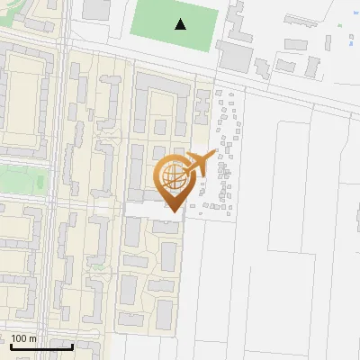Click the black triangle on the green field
(182, 24)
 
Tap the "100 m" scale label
(24, 337)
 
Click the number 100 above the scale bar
(19, 337)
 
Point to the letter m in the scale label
(33, 338)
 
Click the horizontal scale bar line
(41, 346)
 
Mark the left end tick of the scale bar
(11, 345)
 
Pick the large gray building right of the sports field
(235, 57)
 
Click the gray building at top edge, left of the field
(95, 9)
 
